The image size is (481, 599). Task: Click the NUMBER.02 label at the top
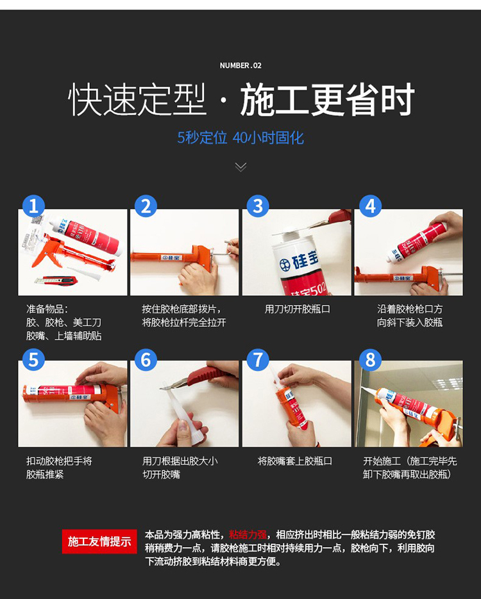coord(240,65)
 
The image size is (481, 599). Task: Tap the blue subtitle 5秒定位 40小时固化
coord(240,138)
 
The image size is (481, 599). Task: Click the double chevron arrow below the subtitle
coord(240,167)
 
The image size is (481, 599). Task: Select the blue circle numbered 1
coord(33,206)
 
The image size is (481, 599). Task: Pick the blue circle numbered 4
coord(370,206)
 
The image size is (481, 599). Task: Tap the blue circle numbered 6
coord(146,360)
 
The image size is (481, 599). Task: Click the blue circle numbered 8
coord(370,360)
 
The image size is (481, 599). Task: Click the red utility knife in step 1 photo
coord(56,281)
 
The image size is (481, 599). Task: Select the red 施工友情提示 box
coord(99,541)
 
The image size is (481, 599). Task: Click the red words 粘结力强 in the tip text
coord(248,535)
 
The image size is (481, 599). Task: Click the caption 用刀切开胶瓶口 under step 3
coord(297,309)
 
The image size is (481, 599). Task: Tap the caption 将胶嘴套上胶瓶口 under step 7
coord(295,461)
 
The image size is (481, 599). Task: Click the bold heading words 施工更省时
coord(327,100)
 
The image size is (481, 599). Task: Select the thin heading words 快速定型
coord(137,100)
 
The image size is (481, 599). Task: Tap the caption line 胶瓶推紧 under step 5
coord(45,475)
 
